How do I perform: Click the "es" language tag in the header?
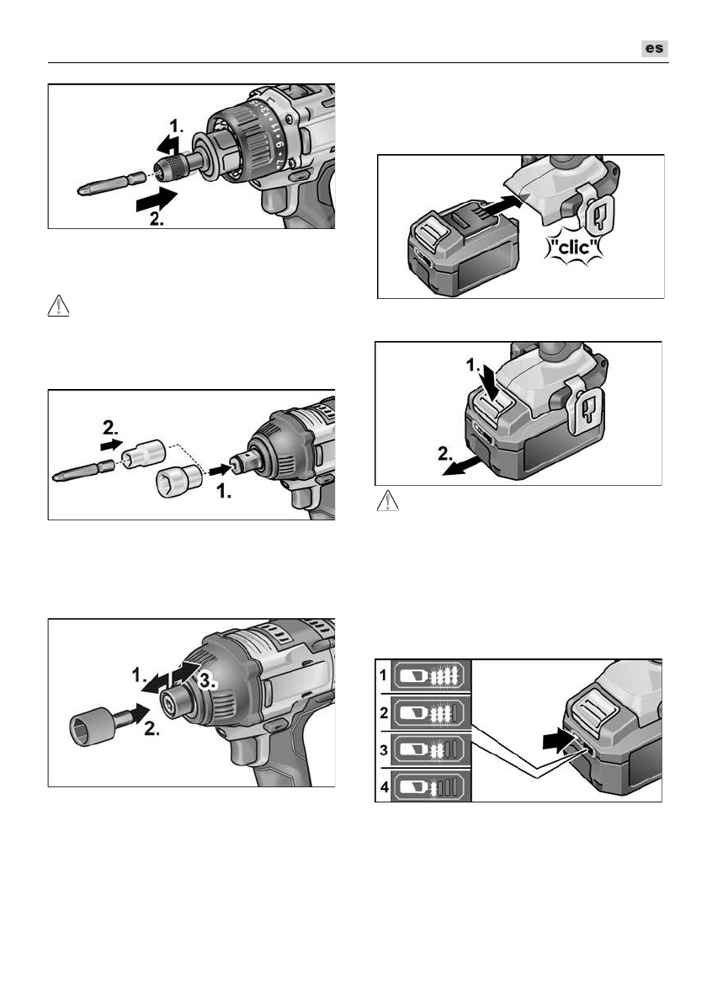655,49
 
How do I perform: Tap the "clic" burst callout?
573,247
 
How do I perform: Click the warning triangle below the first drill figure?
59,306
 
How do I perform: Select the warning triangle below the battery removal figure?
388,501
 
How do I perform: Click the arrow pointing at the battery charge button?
560,741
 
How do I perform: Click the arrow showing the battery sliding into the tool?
502,206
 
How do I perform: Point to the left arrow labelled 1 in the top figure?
169,145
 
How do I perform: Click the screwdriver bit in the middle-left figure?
84,471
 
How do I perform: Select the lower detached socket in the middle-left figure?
178,481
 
